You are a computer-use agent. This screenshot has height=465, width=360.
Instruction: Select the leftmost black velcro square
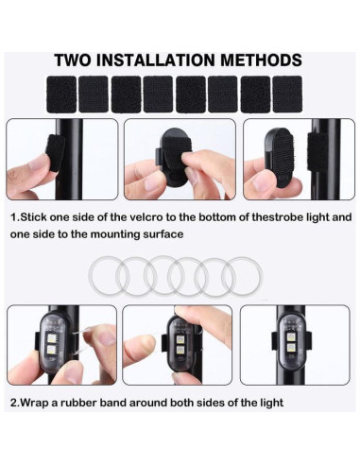click(60, 95)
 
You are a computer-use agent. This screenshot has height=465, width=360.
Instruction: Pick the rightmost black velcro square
click(287, 95)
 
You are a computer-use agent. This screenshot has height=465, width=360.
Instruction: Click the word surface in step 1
click(162, 233)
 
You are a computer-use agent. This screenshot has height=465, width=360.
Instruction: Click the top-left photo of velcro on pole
click(62, 159)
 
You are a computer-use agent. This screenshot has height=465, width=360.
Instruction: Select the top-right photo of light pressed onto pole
click(295, 159)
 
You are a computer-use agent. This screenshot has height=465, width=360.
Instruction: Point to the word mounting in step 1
click(99, 233)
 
